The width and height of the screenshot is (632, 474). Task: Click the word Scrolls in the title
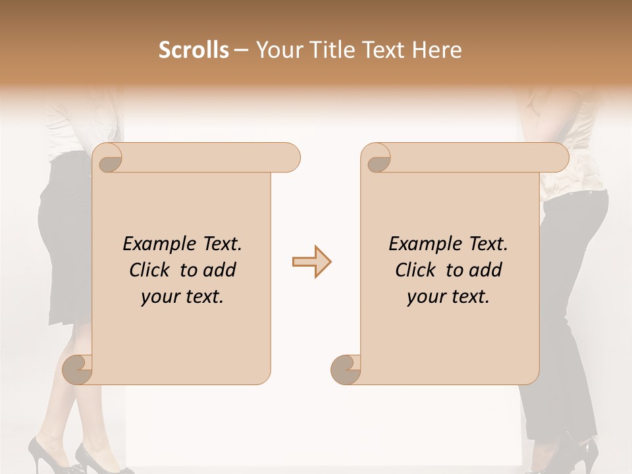click(x=194, y=50)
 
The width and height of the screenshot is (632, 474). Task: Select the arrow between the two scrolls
click(x=311, y=262)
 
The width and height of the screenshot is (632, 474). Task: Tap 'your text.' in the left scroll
click(x=182, y=296)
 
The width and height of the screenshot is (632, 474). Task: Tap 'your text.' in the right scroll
click(x=448, y=296)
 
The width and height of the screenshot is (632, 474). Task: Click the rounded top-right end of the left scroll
click(x=290, y=157)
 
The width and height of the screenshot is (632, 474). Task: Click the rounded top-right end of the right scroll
click(x=558, y=157)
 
